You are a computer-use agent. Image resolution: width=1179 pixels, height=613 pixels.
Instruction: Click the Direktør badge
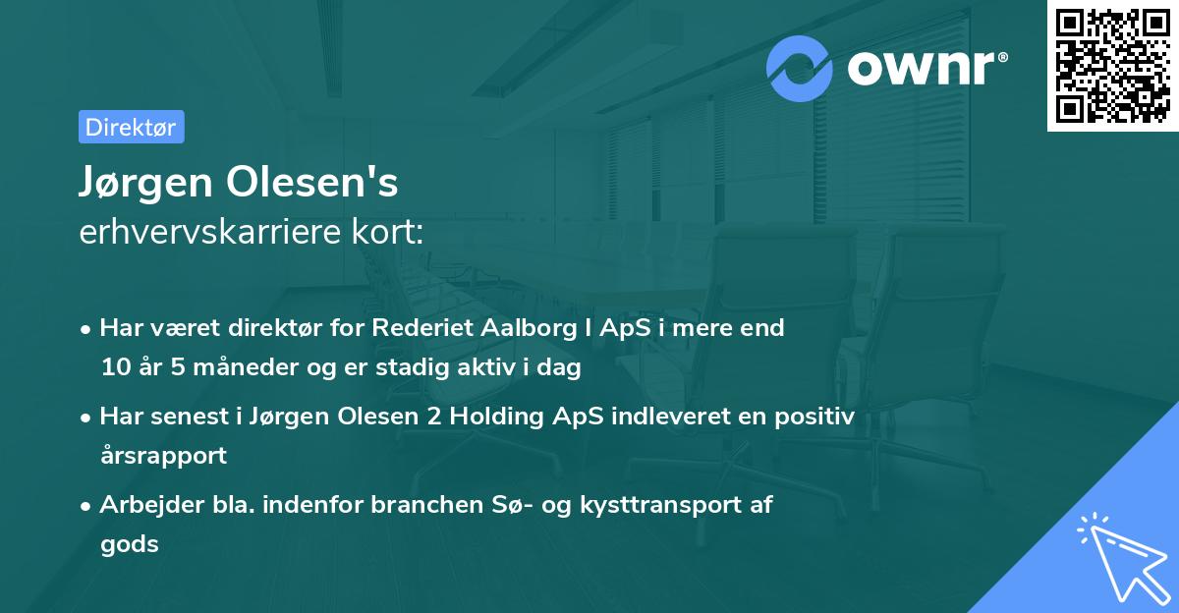[131, 127]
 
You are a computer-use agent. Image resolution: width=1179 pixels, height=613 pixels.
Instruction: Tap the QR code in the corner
[1112, 66]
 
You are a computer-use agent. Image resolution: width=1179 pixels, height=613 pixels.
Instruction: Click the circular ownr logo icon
[800, 69]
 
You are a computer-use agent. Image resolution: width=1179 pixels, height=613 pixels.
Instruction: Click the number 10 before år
[114, 368]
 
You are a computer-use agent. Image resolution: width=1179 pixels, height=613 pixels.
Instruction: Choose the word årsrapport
[163, 456]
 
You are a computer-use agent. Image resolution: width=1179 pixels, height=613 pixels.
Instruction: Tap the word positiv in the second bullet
[817, 417]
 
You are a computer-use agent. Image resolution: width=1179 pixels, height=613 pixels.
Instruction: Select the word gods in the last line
[129, 544]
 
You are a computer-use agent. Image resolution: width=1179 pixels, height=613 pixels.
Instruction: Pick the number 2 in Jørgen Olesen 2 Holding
[433, 417]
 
